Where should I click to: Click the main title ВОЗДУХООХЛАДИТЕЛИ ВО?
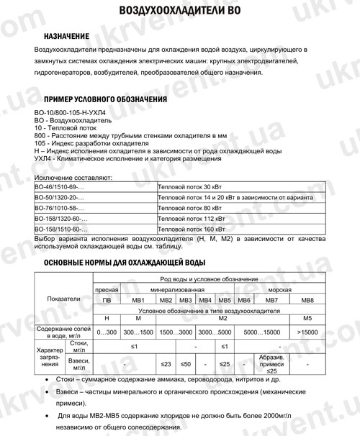[179, 11]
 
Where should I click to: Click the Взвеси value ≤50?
[185, 364]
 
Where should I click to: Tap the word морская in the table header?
[282, 288]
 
